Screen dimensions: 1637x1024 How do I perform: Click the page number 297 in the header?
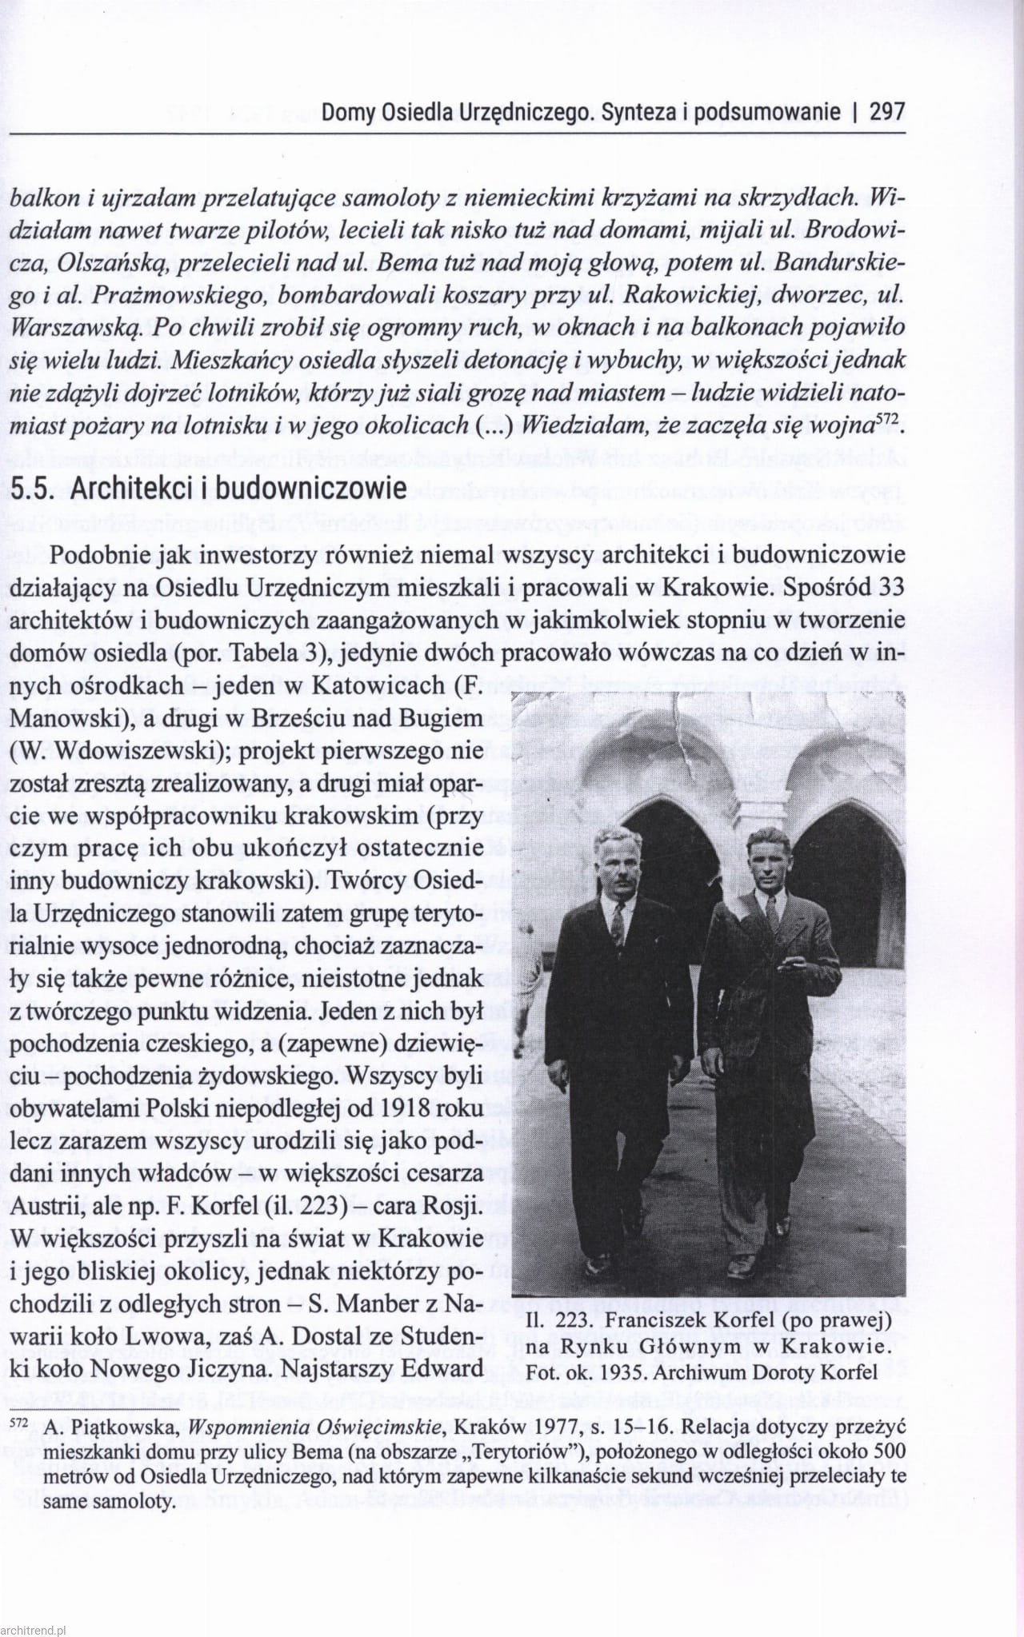(x=887, y=112)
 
